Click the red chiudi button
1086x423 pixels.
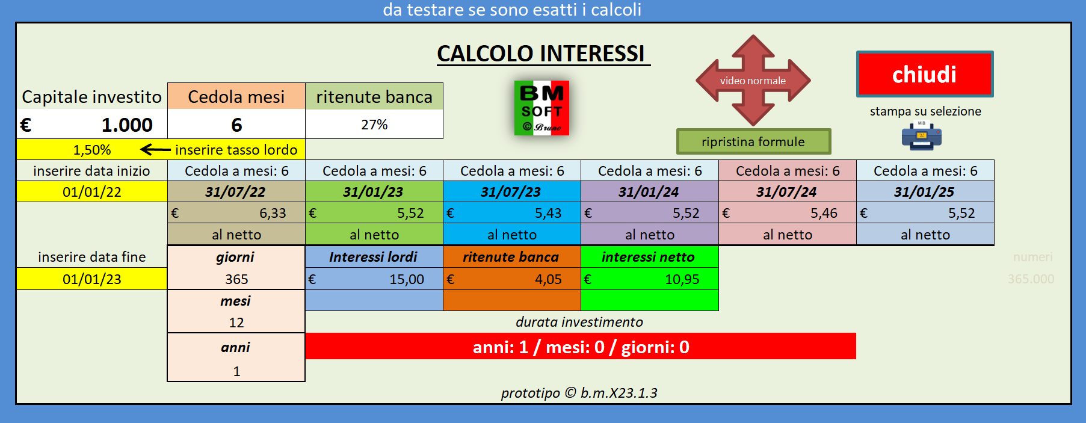click(924, 75)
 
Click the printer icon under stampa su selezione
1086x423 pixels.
click(921, 136)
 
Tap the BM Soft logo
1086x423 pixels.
click(541, 108)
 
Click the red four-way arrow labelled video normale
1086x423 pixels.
click(753, 81)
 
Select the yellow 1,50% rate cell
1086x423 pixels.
click(92, 150)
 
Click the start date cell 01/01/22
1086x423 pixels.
click(92, 192)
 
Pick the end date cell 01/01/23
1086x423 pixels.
click(92, 279)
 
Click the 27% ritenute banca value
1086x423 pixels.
click(374, 125)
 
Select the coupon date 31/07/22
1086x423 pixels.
click(236, 192)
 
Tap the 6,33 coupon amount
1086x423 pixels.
click(236, 213)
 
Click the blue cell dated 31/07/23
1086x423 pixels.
click(511, 192)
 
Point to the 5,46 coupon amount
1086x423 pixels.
click(787, 213)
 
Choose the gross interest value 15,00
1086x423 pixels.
click(374, 279)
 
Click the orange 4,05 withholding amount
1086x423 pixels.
click(511, 279)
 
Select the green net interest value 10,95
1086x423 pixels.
click(650, 279)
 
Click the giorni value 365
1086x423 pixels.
click(236, 279)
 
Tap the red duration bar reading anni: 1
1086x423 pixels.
click(580, 347)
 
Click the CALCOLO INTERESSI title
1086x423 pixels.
click(541, 54)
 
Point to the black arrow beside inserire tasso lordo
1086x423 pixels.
click(155, 149)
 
